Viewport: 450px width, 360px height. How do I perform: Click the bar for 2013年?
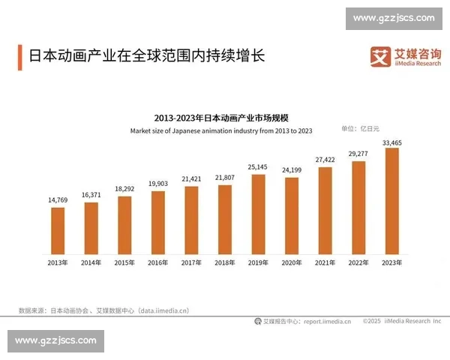coord(58,231)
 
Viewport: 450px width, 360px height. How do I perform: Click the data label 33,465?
coord(391,142)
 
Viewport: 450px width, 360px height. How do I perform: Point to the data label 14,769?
coord(58,200)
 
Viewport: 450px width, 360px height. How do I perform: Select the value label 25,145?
coord(258,166)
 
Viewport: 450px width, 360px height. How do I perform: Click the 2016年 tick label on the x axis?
coord(157,263)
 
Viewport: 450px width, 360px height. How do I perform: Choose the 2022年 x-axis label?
coord(358,263)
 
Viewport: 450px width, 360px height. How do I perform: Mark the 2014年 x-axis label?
coord(91,263)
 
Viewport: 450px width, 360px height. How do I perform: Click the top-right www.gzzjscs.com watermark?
coord(394,18)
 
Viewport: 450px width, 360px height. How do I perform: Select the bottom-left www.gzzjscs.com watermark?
coord(56,340)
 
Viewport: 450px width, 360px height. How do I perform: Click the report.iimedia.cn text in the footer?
coord(327,321)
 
